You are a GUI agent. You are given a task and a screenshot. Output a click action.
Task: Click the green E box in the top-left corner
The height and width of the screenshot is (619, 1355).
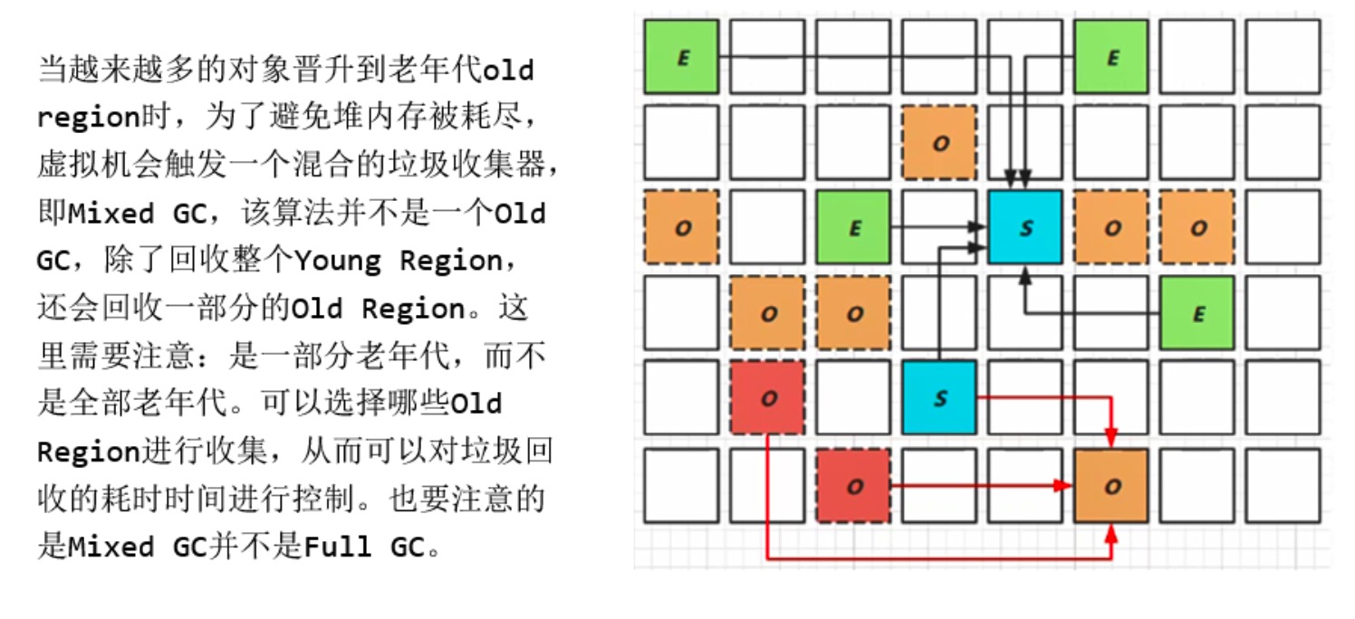pyautogui.click(x=681, y=57)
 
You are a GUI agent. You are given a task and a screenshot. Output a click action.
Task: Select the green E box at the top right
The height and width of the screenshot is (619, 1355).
pyautogui.click(x=1111, y=57)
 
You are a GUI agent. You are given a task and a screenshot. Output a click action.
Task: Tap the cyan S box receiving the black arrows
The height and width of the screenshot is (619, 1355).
pyautogui.click(x=1025, y=227)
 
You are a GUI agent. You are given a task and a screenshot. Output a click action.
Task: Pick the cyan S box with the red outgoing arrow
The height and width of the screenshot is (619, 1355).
pyautogui.click(x=939, y=397)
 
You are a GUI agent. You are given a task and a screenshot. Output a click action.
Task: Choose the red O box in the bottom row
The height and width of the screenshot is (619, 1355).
pyautogui.click(x=852, y=486)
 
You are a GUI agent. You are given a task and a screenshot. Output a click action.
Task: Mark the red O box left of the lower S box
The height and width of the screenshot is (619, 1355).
pyautogui.click(x=767, y=397)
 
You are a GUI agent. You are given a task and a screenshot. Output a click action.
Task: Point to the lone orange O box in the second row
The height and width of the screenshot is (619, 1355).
pyautogui.click(x=939, y=142)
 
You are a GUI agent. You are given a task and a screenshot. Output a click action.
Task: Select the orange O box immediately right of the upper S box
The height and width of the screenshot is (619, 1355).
pyautogui.click(x=1111, y=227)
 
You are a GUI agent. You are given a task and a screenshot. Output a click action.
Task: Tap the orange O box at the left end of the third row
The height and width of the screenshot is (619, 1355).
pyautogui.click(x=681, y=227)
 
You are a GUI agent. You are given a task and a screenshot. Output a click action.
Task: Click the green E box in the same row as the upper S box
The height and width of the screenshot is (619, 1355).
pyautogui.click(x=852, y=227)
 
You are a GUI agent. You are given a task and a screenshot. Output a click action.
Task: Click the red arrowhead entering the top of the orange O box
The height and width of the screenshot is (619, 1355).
pyautogui.click(x=1112, y=438)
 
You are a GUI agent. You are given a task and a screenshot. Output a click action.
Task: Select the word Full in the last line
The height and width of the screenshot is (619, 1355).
pyautogui.click(x=336, y=548)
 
